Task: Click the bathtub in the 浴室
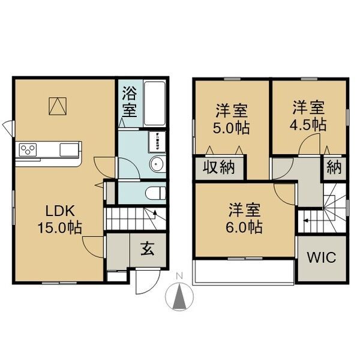click(x=155, y=103)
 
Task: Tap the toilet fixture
click(x=156, y=193)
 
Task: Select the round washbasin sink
click(x=157, y=164)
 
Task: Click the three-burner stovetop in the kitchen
click(x=28, y=149)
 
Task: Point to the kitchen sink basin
click(x=68, y=150)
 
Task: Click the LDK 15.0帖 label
click(x=59, y=220)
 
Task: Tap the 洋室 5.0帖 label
click(x=231, y=119)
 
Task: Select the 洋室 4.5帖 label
click(x=308, y=116)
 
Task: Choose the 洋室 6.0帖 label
click(x=244, y=218)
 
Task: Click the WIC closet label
click(x=322, y=257)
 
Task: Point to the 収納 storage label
click(x=218, y=167)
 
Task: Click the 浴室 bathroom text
click(x=129, y=102)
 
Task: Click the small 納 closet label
click(x=334, y=167)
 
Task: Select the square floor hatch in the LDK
click(x=58, y=106)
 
